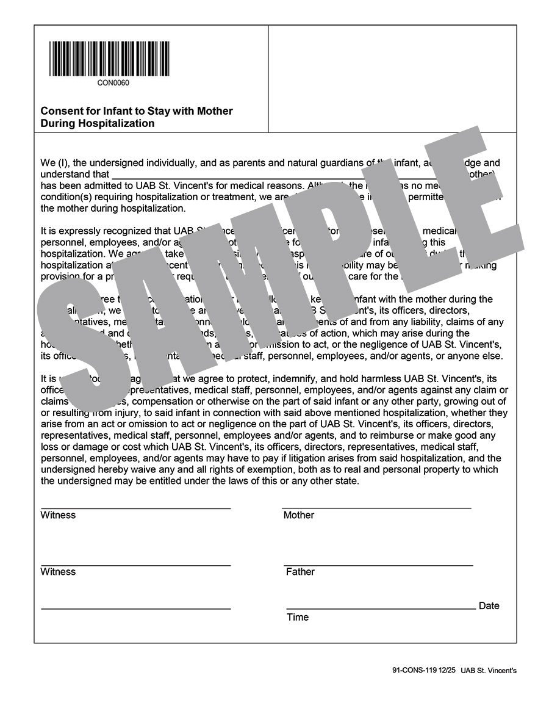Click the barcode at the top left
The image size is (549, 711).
coord(109,59)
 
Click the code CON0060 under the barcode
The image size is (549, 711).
coord(113,83)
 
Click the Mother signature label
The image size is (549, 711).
coord(299,515)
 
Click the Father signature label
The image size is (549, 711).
coord(300,572)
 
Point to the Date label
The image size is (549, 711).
coord(489,606)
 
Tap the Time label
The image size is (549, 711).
coord(298,618)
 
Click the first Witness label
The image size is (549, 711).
coord(58,515)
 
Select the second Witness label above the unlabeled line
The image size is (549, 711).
coord(58,572)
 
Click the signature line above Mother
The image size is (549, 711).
coord(376,508)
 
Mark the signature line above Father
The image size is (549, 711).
coord(378,565)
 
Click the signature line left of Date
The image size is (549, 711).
coord(381,609)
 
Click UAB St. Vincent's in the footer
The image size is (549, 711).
coord(489,670)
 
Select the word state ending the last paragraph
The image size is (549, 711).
coord(346,481)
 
